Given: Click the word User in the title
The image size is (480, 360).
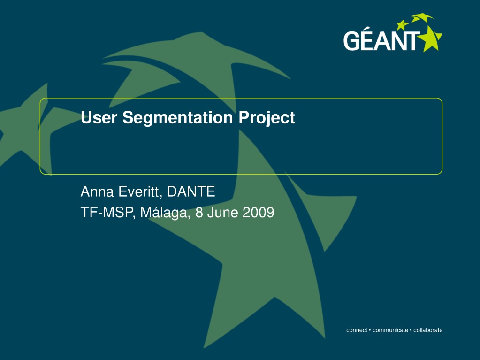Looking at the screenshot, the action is [99, 117].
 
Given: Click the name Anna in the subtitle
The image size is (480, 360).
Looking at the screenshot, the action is [97, 191].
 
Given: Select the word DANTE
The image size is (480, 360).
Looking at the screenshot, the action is [191, 191].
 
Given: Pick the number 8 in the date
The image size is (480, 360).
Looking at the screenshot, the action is [199, 213].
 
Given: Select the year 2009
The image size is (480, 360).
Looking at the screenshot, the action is [259, 213].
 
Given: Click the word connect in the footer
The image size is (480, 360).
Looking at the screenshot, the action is [357, 330].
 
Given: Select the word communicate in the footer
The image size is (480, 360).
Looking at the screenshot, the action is [390, 330].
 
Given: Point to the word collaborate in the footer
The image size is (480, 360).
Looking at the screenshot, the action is [428, 330].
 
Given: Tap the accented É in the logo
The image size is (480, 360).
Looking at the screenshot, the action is [368, 38].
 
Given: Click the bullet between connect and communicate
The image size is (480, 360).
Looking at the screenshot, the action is [370, 330].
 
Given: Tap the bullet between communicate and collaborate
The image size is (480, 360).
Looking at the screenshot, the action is [411, 330].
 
